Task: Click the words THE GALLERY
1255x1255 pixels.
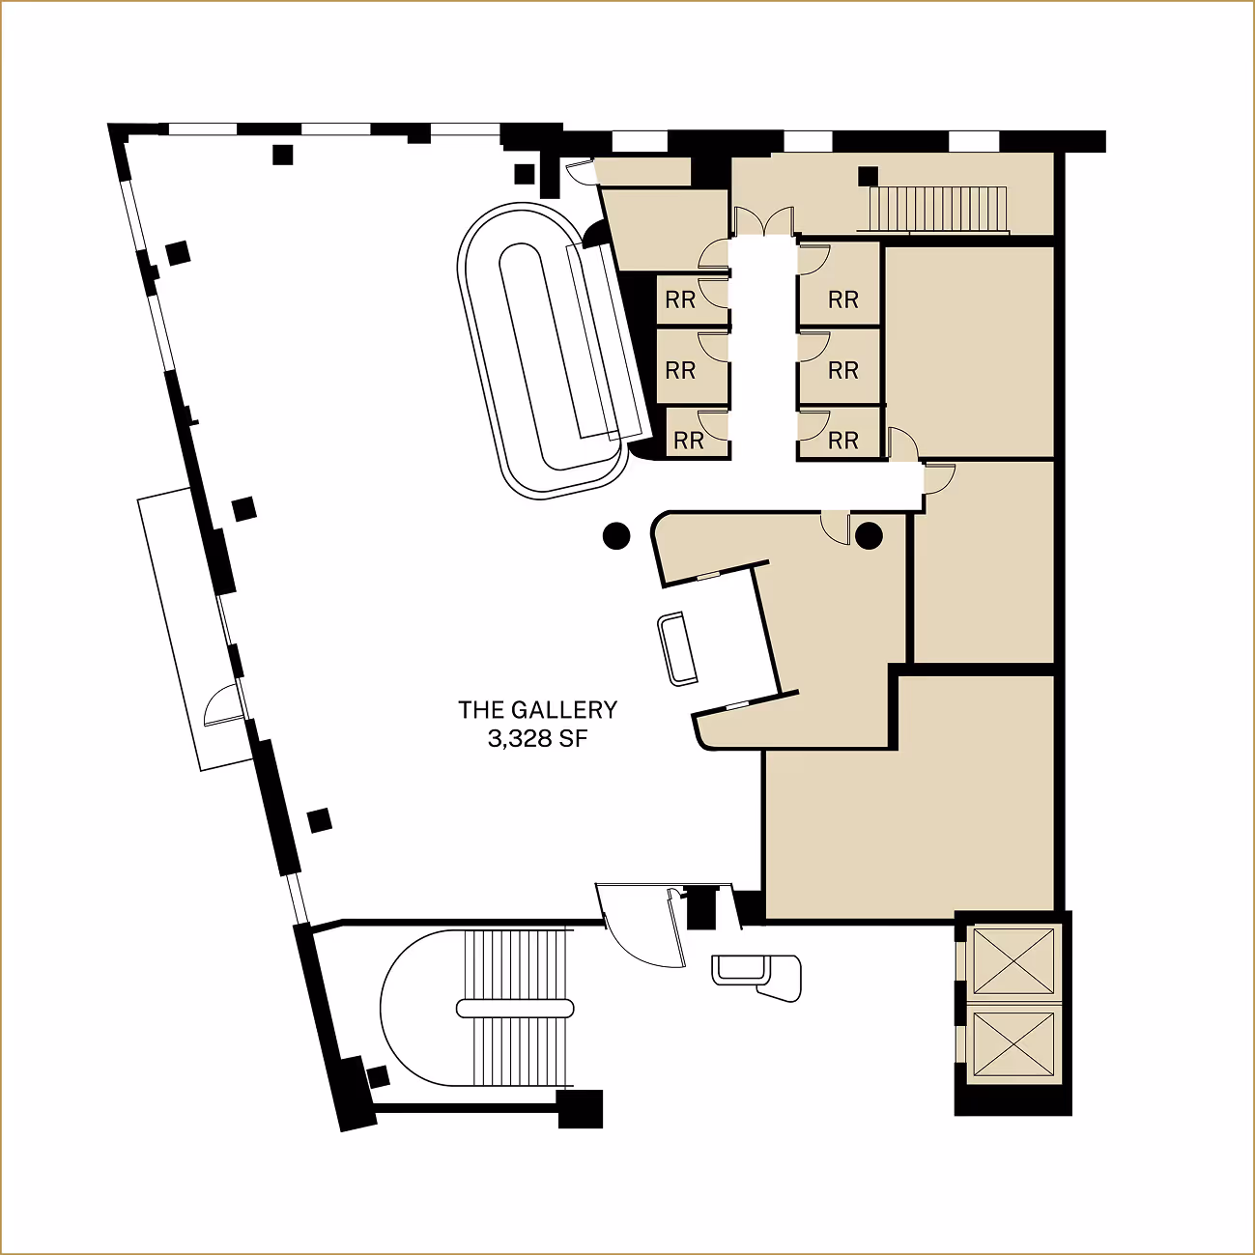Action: point(537,710)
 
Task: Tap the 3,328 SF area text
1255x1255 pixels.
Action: point(537,739)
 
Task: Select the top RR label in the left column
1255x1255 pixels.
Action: point(680,300)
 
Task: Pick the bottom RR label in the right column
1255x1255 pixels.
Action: point(842,441)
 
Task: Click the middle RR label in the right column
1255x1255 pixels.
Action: point(842,370)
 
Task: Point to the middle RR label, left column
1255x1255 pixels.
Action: point(680,370)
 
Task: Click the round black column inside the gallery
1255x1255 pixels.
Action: point(616,535)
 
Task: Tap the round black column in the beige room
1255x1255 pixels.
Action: point(869,535)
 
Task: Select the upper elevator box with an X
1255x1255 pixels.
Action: point(1013,960)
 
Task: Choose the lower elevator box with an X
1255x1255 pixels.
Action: point(1013,1043)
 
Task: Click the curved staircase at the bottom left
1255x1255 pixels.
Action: point(483,1009)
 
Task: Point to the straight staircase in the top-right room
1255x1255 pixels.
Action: point(937,209)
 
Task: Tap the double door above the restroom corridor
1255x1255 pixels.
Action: point(764,223)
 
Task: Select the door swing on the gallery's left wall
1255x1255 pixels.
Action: point(222,704)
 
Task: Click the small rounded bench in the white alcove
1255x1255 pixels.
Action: point(676,648)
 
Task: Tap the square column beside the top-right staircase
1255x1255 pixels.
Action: point(868,176)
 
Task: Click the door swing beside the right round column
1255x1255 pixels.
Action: point(835,528)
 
